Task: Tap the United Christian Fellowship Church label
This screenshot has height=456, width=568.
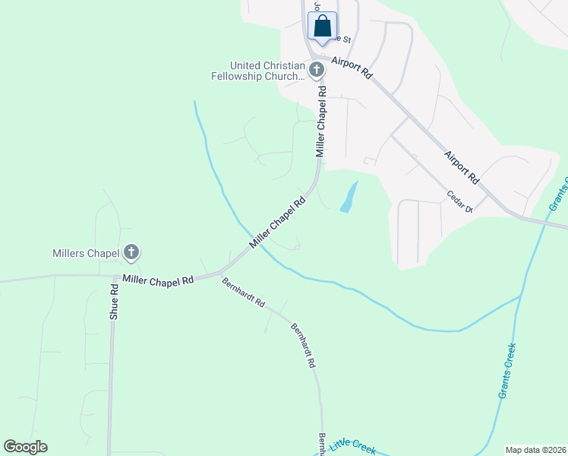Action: (259, 71)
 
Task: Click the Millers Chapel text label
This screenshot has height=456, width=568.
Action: (85, 252)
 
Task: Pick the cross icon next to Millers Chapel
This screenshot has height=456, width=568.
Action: (132, 252)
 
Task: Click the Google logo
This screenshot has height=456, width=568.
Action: (26, 447)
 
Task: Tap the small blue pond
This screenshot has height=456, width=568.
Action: (349, 197)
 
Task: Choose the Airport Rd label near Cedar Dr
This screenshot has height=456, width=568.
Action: (462, 166)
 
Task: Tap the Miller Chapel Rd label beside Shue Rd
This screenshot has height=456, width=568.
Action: (158, 280)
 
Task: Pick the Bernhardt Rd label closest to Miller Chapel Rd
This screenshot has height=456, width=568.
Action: (243, 292)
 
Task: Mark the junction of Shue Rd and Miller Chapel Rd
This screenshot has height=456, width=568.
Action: (114, 277)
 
